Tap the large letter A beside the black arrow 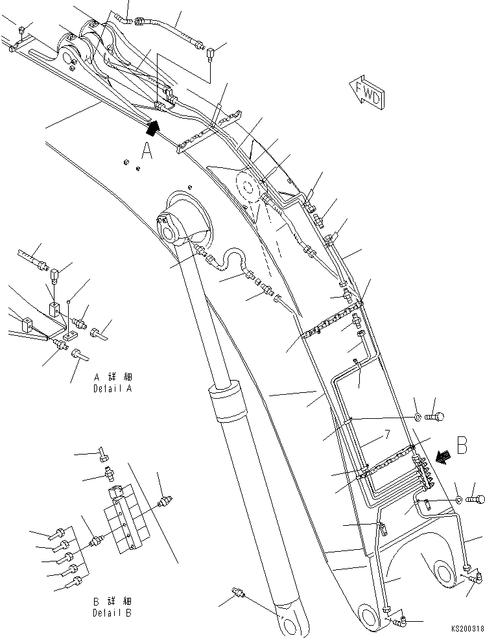click(147, 151)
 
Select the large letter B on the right click(462, 446)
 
